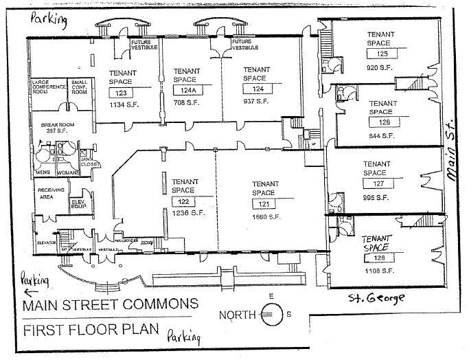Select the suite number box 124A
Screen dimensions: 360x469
(x=185, y=90)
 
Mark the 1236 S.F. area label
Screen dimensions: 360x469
(x=181, y=214)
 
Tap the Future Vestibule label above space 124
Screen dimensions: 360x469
(x=245, y=45)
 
